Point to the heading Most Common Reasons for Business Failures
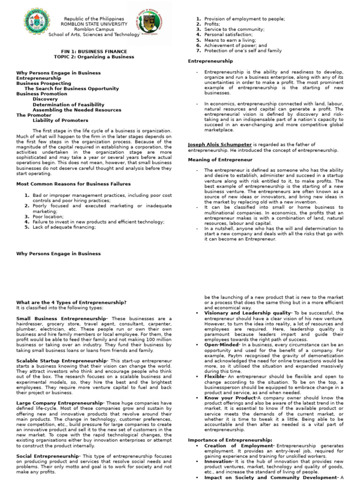[x=73, y=184]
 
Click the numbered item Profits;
[x=212, y=24]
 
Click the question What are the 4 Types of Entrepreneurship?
[x=71, y=302]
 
